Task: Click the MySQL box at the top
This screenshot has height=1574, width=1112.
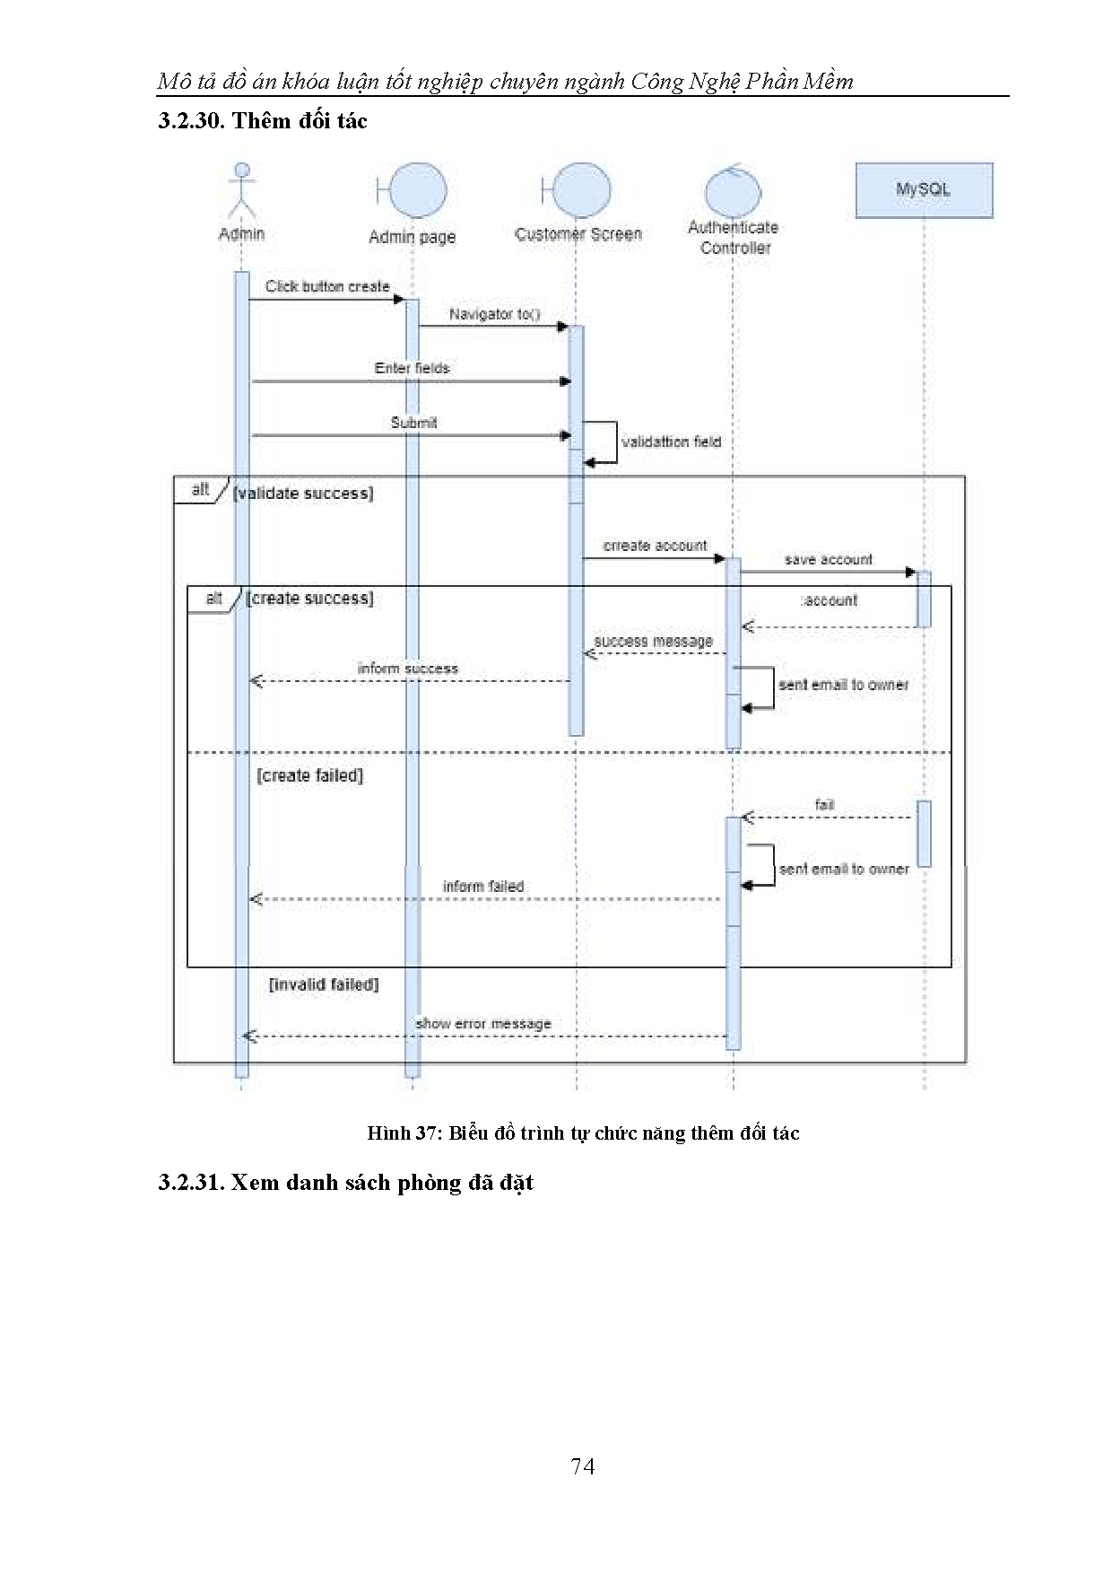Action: tap(924, 190)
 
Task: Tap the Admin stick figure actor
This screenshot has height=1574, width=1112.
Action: tap(241, 191)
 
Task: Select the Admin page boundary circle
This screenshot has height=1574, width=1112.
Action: tap(417, 190)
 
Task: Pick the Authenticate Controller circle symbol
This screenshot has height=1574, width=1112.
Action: tap(733, 190)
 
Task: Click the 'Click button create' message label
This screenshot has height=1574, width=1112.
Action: tap(327, 286)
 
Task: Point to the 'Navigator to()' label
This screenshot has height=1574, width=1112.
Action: tap(495, 314)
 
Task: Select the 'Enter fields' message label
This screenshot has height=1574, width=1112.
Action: tap(412, 368)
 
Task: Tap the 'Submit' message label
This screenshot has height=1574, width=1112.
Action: tap(413, 423)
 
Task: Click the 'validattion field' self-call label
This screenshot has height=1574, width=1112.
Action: tap(671, 442)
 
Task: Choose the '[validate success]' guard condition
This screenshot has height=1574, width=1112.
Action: tap(303, 494)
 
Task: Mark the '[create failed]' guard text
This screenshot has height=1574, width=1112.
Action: tap(310, 775)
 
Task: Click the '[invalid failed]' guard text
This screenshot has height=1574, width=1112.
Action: tap(324, 984)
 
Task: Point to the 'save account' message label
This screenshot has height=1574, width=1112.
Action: tap(828, 560)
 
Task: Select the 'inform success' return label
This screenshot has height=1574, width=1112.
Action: tap(407, 669)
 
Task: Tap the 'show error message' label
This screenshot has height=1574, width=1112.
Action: tap(483, 1024)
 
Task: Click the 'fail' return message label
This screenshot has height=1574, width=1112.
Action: tap(824, 805)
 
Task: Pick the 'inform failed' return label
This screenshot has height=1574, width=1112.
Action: tap(483, 887)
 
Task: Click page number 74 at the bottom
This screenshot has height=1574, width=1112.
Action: tap(583, 1466)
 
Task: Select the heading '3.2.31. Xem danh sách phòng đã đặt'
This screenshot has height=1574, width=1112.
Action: tap(345, 1183)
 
